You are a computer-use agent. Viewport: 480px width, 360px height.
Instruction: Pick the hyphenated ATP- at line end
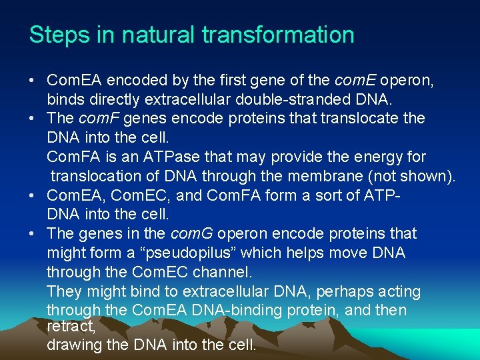[383, 196]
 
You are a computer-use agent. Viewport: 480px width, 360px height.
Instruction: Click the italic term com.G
[192, 234]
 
